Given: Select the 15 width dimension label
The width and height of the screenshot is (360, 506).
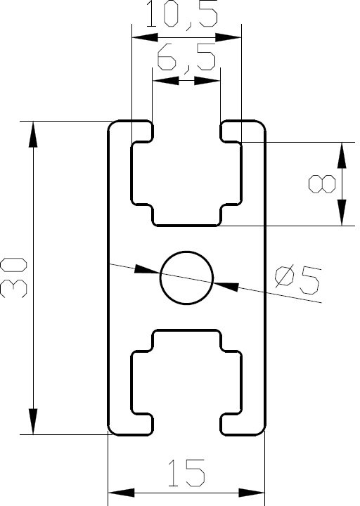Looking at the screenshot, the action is pyautogui.click(x=186, y=473).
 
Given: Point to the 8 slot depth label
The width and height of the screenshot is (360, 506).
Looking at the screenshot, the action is pyautogui.click(x=322, y=184).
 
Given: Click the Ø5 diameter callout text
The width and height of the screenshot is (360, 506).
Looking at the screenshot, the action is pyautogui.click(x=297, y=280).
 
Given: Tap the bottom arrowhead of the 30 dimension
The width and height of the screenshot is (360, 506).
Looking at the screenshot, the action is pyautogui.click(x=33, y=421).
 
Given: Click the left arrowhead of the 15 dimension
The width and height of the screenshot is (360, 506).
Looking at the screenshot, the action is pyautogui.click(x=121, y=493).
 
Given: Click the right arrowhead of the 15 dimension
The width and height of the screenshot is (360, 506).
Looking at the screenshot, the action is pyautogui.click(x=252, y=493).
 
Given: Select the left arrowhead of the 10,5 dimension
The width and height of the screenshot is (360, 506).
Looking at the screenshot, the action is pyautogui.click(x=145, y=37).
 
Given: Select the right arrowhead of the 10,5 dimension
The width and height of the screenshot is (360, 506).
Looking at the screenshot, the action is pyautogui.click(x=229, y=37).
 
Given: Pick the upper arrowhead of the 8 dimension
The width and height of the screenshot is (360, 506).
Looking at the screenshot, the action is pyautogui.click(x=342, y=155).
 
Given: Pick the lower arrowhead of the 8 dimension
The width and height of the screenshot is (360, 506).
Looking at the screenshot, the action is pyautogui.click(x=342, y=212).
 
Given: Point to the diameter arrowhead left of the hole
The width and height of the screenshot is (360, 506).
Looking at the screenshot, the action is pyautogui.click(x=148, y=270).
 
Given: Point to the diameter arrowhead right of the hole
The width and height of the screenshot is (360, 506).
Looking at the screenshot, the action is pyautogui.click(x=226, y=285).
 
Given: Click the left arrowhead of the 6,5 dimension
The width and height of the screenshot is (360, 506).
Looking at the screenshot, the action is pyautogui.click(x=166, y=81).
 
